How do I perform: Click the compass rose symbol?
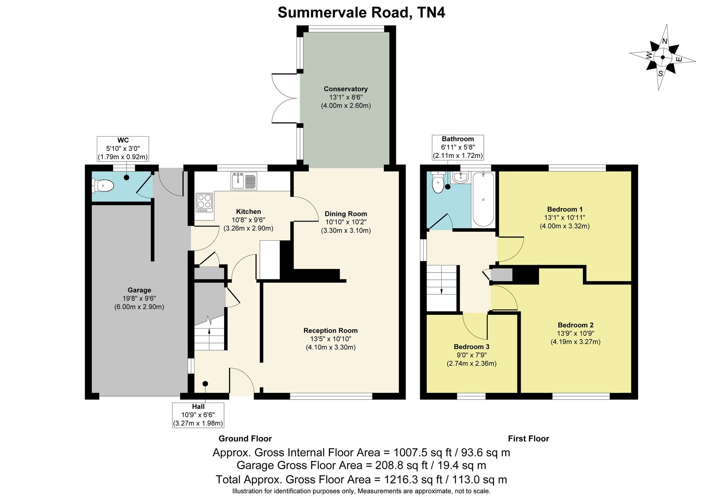coord(662,57)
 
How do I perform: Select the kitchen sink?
coord(244,181)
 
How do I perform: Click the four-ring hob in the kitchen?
coord(205,203)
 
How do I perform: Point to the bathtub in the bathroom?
coord(483,199)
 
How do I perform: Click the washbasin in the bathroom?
coord(460,177)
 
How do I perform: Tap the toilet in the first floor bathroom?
coord(438,182)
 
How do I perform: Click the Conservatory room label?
coord(346,89)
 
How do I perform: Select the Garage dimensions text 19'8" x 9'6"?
coord(139,299)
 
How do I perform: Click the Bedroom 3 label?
coord(471,347)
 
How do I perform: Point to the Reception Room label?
coord(330,330)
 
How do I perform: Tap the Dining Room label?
coord(346,214)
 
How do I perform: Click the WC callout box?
coord(123,149)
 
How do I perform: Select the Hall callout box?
coord(198,415)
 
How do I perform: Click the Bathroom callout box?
coord(458,147)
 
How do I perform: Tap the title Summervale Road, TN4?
coord(361,13)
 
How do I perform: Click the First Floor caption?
coord(529,439)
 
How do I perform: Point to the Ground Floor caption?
coord(245,439)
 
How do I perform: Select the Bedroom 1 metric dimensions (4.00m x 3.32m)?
coord(565,226)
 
